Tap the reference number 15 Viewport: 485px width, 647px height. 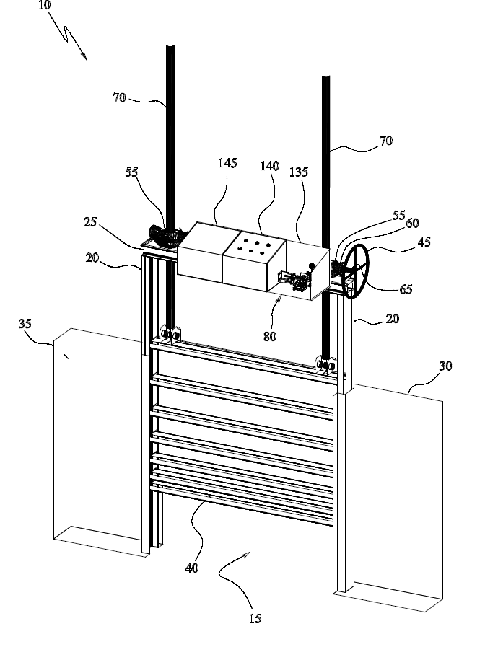pos(254,618)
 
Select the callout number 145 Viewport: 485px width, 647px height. pos(227,164)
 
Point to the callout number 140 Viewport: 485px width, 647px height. pos(269,166)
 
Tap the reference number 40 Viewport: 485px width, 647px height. pos(191,568)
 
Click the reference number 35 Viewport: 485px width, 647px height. pos(25,324)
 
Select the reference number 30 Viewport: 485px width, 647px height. pos(445,366)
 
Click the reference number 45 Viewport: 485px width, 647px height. pos(424,242)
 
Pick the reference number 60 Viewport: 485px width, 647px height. pos(412,224)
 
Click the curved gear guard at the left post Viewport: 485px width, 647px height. pos(162,235)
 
